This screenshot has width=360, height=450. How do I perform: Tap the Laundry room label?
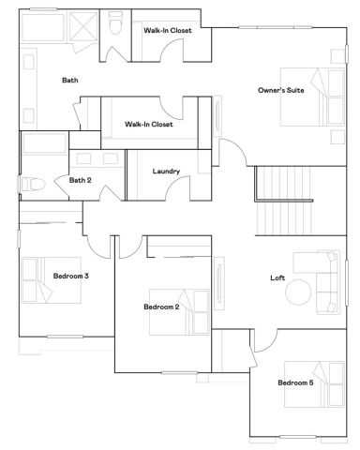coord(166,172)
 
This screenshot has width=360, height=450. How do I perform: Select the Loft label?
coord(277,277)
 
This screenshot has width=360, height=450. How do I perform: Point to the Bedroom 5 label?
coord(295,382)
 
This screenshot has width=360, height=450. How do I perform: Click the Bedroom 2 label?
coord(161,307)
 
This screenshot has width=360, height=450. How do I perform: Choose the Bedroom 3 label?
coord(71,276)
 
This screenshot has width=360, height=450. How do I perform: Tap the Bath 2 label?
coord(80,180)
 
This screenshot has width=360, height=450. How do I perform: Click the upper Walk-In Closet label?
coord(168,31)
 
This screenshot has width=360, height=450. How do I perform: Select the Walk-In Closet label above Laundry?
coord(148,124)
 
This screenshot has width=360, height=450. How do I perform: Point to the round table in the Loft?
coord(300,292)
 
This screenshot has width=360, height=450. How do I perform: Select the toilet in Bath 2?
coord(37,184)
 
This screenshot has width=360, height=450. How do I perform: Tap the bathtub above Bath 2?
coord(43,144)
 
